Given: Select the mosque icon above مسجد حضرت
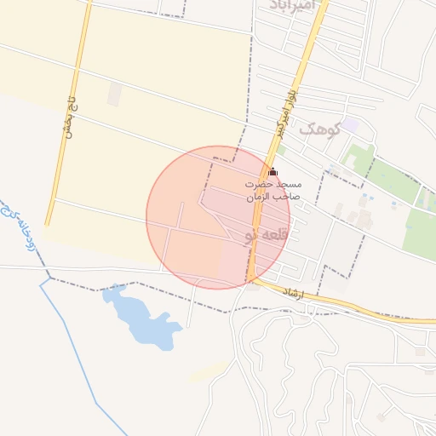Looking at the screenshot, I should (x=272, y=172).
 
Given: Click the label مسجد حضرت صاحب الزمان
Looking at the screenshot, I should (x=267, y=190).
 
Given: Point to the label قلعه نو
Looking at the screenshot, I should (x=266, y=235).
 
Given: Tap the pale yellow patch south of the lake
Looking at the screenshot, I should (x=209, y=371).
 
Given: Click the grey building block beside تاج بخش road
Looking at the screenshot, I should (x=114, y=96).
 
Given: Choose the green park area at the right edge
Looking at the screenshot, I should (x=419, y=230).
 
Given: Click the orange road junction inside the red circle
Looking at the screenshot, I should (x=253, y=277).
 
